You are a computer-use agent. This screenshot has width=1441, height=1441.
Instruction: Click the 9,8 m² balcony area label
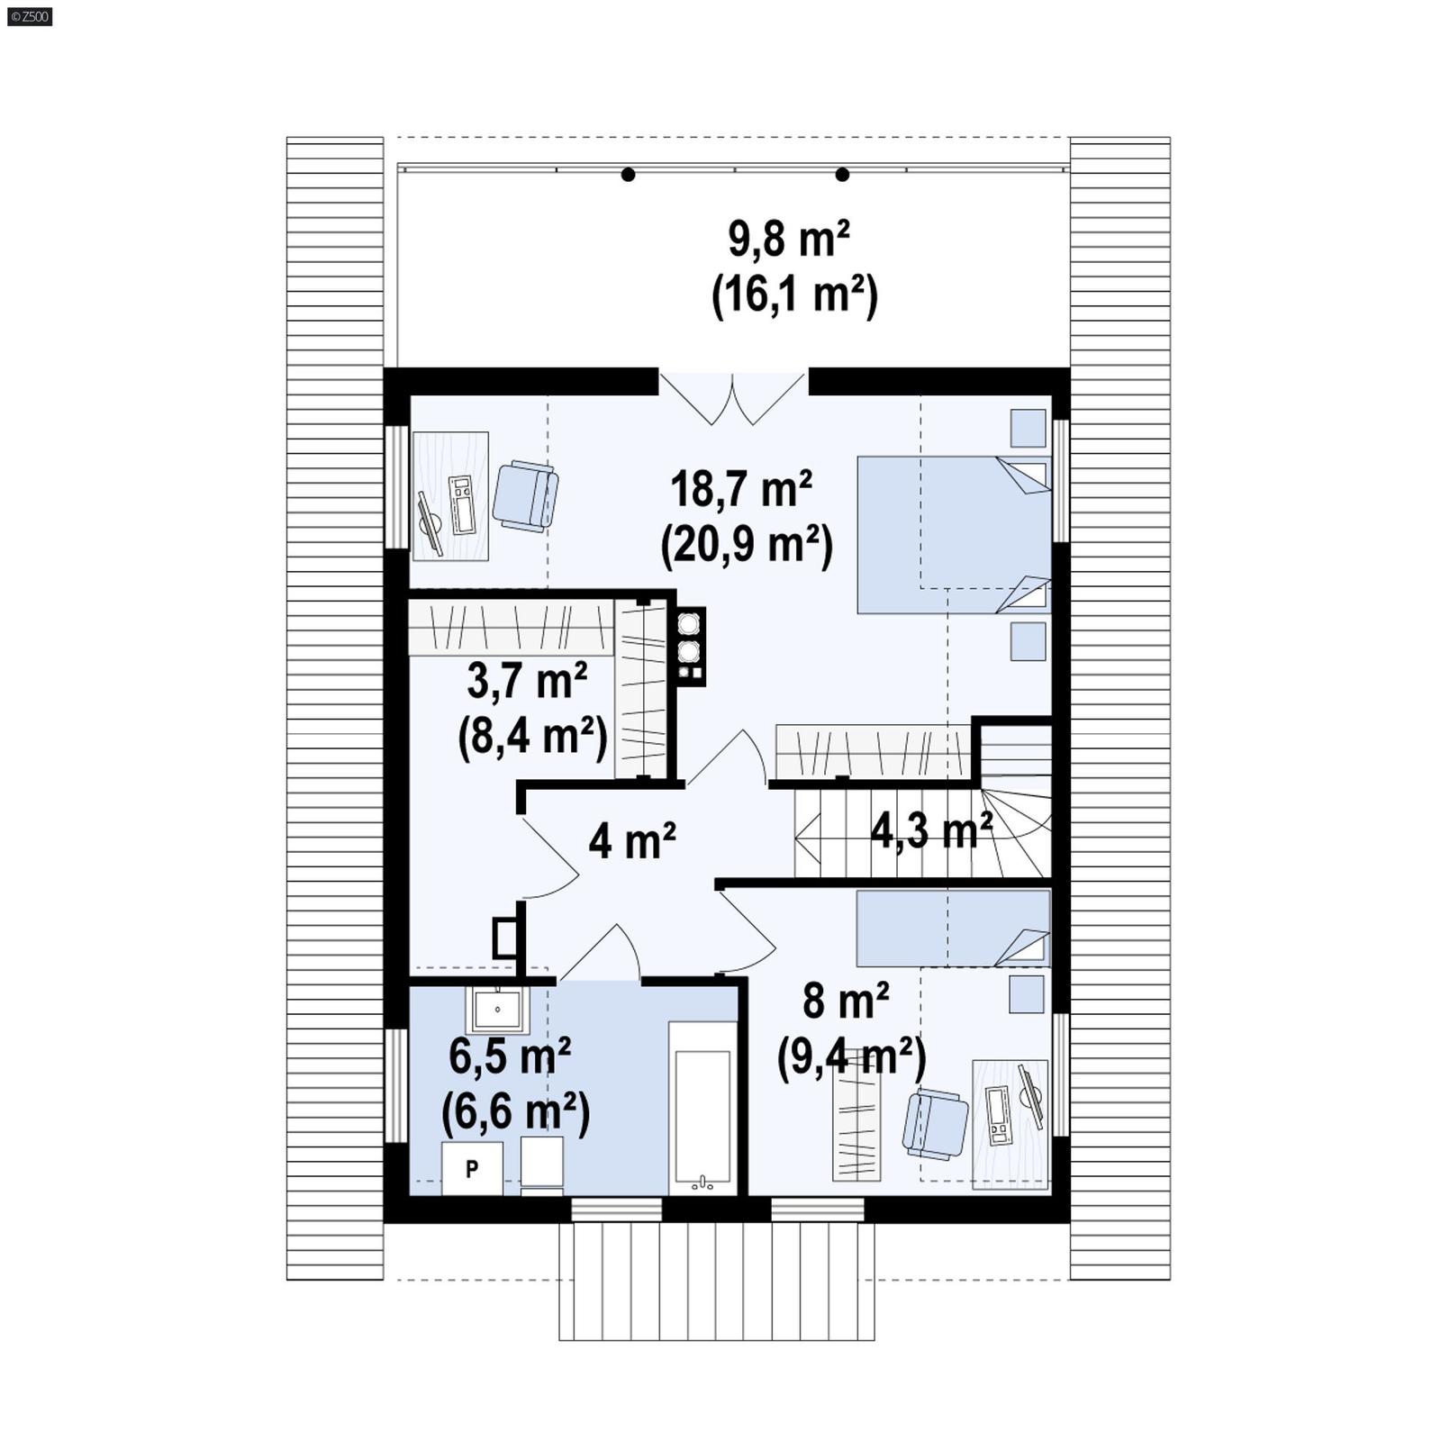[788, 240]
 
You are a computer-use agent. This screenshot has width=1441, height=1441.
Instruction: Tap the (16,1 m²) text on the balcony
[794, 295]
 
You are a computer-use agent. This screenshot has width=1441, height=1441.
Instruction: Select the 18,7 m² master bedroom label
[740, 489]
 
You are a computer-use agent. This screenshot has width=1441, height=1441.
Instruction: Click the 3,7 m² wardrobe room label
[527, 681]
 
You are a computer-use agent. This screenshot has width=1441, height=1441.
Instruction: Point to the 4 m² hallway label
[631, 841]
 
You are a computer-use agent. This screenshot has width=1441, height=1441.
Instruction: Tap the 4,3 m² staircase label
[930, 829]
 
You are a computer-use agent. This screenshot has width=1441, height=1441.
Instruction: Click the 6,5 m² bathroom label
[509, 1056]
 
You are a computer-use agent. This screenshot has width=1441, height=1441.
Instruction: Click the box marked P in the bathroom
[472, 1169]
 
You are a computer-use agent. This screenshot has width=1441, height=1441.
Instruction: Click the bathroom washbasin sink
[496, 1010]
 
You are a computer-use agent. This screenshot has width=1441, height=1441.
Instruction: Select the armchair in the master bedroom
[525, 495]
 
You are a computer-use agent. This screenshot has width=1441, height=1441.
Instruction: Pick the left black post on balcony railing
[628, 175]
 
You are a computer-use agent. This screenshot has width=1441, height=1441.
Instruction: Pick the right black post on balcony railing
[842, 175]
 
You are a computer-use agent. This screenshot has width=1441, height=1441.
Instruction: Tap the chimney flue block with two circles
[690, 647]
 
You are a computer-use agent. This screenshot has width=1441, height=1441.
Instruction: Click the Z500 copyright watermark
[29, 15]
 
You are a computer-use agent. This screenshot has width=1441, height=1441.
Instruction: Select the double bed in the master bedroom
[953, 535]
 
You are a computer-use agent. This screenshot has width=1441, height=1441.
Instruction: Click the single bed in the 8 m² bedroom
[953, 929]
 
